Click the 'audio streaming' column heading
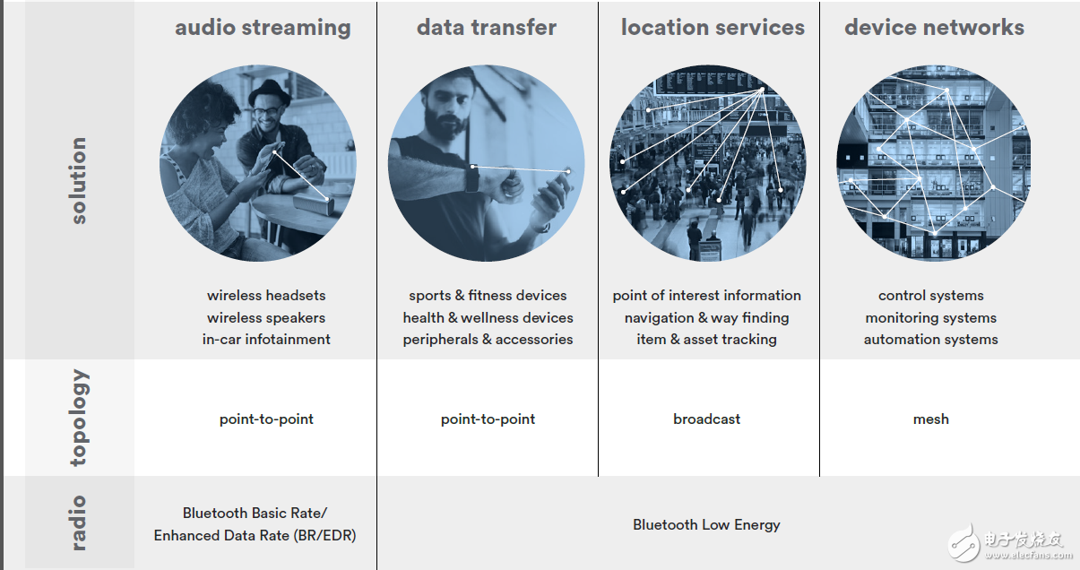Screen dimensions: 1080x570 pos(263,28)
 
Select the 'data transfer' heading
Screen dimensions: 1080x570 pos(487,28)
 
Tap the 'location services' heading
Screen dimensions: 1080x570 pos(713,28)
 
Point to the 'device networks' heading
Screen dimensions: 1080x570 pos(935,28)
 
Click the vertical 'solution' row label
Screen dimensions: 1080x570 pos(79,180)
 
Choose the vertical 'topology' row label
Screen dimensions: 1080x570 pos(80,418)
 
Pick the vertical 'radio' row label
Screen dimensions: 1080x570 pos(79,522)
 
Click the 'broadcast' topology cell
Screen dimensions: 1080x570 pos(706,419)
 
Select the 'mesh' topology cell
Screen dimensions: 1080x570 pos(930,419)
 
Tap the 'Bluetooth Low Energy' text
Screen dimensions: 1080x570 pos(706,524)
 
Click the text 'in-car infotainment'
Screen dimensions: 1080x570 pos(266,340)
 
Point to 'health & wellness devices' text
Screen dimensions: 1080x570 pos(488,318)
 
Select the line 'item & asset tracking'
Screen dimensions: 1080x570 pos(706,340)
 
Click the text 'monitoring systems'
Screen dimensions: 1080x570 pos(930,318)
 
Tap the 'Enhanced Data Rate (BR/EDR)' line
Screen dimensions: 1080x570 pos(255,536)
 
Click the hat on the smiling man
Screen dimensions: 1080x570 pos(270,92)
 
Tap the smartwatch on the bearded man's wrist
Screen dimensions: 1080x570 pos(472,178)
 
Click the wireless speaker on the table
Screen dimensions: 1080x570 pos(314,204)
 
